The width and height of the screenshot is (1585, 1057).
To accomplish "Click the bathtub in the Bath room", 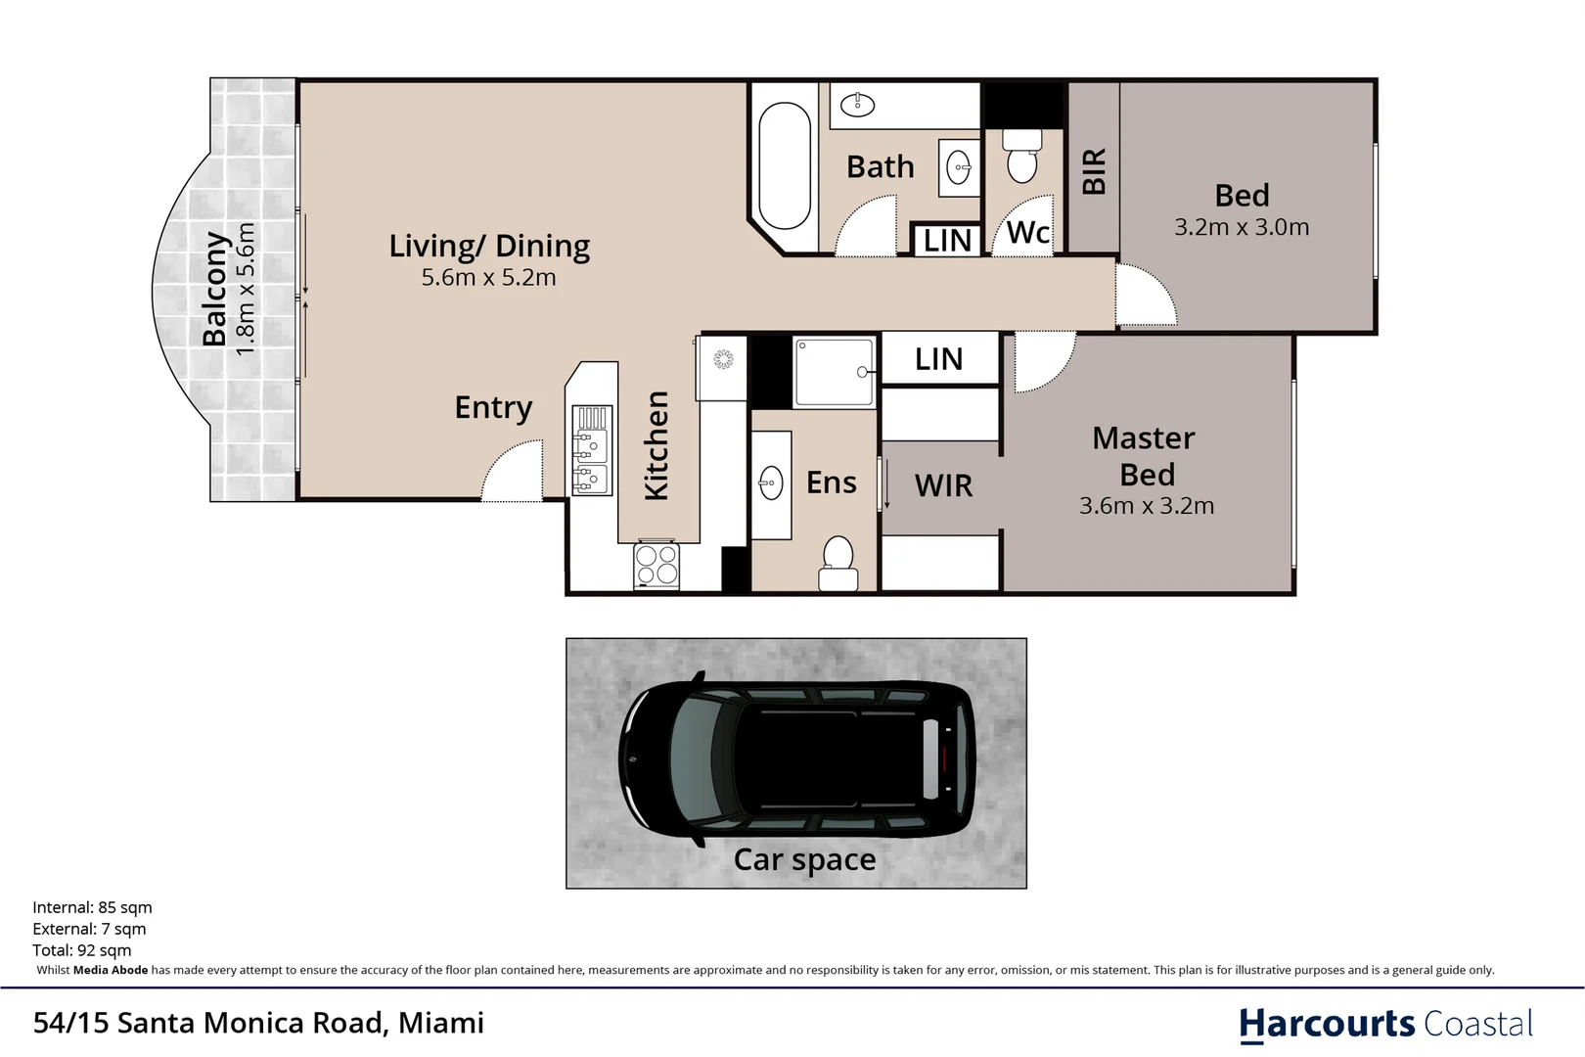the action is [x=784, y=165].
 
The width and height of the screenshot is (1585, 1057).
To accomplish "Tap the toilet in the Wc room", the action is [x=1021, y=157].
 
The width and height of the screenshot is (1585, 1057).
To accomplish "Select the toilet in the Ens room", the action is [x=838, y=564].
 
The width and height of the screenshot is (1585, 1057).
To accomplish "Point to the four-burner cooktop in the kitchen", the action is [x=657, y=565].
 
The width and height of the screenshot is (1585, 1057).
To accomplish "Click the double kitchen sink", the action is [x=592, y=450].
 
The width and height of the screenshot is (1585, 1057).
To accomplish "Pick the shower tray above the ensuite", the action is [x=835, y=372].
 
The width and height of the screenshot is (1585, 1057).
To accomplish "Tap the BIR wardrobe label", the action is [x=1094, y=171].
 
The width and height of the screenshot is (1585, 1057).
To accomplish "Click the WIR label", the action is [x=943, y=485].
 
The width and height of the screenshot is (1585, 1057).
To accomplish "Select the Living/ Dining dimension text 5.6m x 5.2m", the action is [x=489, y=277].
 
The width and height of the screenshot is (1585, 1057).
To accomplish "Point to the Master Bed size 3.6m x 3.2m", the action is [x=1147, y=505].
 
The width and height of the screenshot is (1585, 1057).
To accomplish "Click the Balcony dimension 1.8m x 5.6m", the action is [x=245, y=289].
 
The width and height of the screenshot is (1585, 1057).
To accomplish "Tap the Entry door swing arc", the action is [x=512, y=471].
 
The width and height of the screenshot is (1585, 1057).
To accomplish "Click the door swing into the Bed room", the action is [x=1147, y=295].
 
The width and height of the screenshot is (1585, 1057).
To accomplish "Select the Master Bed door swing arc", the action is [x=1046, y=362].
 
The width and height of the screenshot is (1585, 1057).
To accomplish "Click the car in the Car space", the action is [x=796, y=758].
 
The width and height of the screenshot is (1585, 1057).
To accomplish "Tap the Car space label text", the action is [x=804, y=859].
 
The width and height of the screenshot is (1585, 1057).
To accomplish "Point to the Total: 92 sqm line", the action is [x=82, y=950].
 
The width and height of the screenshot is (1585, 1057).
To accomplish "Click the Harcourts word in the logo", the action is [x=1327, y=1025].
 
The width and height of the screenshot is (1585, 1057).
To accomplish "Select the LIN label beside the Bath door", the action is [x=947, y=242].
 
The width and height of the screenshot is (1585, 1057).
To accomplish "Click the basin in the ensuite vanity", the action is [x=771, y=484].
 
